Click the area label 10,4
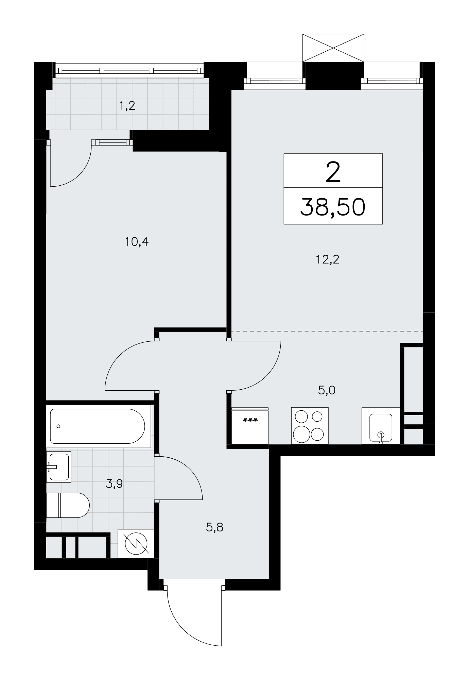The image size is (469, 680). (137, 242)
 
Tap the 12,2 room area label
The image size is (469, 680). (328, 260)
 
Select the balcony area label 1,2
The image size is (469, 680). (127, 106)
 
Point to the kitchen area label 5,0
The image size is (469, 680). (327, 390)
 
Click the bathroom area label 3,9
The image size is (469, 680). (114, 483)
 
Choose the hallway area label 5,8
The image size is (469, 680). (214, 527)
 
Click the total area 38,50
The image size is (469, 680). (333, 207)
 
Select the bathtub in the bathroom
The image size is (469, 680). (98, 426)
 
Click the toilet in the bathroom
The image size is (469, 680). (68, 505)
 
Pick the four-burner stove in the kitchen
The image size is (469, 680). (310, 426)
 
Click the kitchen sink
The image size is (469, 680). (381, 426)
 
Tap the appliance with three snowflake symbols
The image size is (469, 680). (250, 426)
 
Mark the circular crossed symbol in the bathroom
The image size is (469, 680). (136, 543)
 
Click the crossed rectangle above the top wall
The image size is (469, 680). (333, 48)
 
